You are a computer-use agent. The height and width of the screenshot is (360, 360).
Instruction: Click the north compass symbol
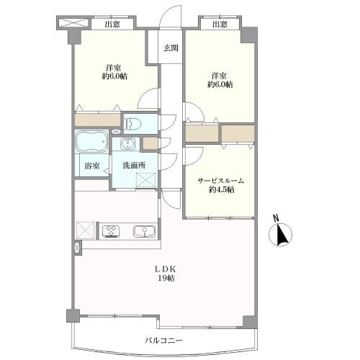point(280,233)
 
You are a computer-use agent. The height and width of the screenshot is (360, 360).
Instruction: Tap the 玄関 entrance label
point(171,48)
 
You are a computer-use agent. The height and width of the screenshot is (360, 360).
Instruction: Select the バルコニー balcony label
point(164,341)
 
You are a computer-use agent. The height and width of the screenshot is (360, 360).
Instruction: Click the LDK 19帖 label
point(166,274)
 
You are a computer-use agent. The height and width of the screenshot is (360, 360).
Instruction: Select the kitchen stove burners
point(111,230)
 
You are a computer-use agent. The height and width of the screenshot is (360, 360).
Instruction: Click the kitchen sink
point(144,231)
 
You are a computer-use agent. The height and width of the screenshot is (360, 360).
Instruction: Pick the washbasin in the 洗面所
point(126,144)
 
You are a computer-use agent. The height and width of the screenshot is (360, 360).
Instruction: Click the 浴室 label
point(92,166)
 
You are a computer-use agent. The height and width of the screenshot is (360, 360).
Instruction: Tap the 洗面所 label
point(134,165)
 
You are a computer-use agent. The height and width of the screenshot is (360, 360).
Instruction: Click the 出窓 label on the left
point(112,24)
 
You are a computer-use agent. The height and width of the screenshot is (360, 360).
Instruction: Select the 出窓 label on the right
point(220,24)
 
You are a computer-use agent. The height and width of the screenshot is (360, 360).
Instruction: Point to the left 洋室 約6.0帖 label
point(114,72)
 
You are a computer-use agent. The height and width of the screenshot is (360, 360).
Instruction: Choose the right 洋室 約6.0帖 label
point(220,80)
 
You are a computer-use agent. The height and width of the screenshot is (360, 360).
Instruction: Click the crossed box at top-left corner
point(73,22)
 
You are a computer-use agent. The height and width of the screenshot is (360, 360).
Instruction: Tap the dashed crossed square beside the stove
point(86,230)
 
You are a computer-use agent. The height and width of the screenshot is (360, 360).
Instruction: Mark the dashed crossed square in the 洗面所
point(145,180)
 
